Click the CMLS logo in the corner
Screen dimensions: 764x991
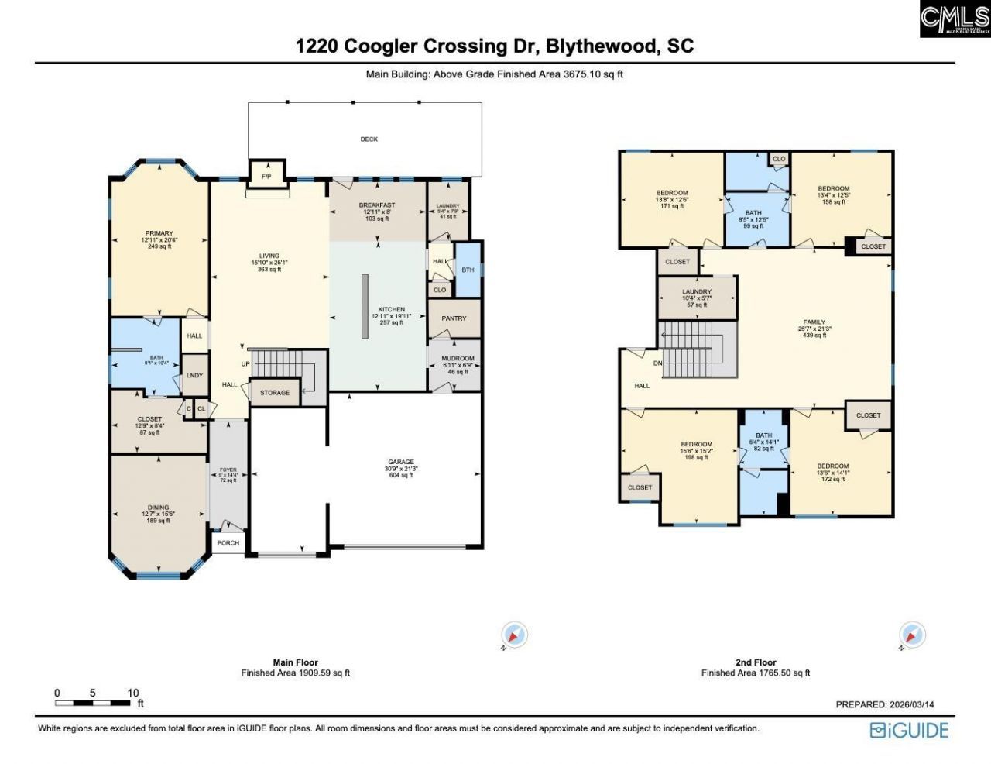955,19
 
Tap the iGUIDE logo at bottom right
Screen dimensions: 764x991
909,730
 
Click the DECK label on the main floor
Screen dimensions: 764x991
369,139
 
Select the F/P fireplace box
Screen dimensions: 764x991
266,177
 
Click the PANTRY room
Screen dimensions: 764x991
454,318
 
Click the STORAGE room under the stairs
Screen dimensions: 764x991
275,393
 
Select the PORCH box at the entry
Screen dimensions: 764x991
228,543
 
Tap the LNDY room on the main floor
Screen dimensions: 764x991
194,376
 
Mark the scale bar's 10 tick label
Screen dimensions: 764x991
133,693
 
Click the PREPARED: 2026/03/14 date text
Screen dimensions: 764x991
885,704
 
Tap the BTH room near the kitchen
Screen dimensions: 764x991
468,270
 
